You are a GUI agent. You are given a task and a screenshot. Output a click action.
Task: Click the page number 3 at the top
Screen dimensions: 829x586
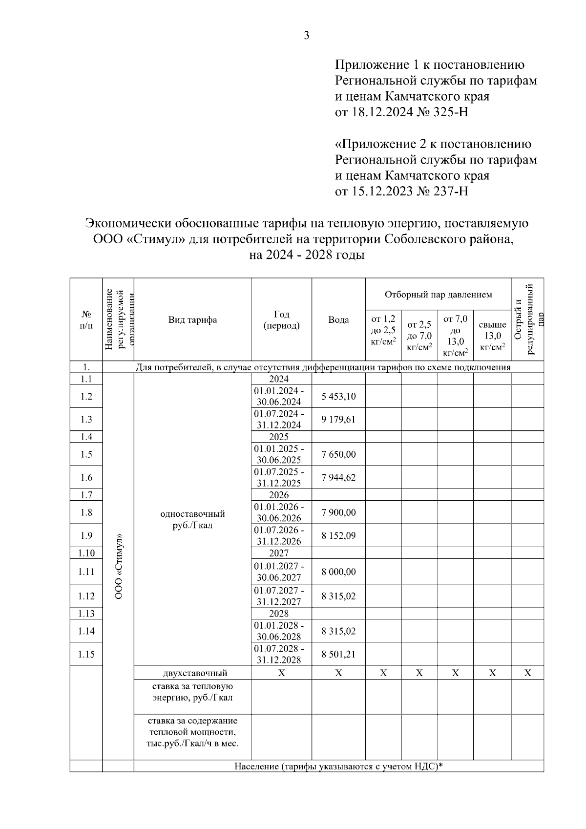[x=307, y=36]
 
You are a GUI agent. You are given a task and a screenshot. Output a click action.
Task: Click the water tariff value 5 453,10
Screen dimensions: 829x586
[x=338, y=396]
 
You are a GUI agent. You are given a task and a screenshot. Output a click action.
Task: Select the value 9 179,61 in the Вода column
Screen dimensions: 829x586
[x=338, y=419]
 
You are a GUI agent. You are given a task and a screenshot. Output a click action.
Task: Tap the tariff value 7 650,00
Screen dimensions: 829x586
[x=338, y=454]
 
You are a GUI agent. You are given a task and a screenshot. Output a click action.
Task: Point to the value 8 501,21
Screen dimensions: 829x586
[x=338, y=654]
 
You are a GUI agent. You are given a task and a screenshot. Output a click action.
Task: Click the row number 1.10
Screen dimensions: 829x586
[x=86, y=553]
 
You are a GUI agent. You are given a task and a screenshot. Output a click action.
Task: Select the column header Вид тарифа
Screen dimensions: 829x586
[x=192, y=320]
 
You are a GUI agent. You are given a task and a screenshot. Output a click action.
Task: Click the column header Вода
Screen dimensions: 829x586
[x=338, y=320]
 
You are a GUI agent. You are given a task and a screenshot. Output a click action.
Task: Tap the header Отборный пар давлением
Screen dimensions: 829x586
[x=438, y=295]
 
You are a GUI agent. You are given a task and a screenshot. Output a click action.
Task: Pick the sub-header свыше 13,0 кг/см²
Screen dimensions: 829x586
[x=492, y=336]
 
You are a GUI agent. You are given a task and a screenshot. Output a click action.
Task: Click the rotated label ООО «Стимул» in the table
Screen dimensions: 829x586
[x=118, y=564]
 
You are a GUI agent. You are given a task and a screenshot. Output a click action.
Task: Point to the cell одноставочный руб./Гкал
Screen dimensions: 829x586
[x=192, y=520]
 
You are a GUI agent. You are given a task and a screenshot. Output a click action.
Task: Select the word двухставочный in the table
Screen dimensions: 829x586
[x=192, y=673]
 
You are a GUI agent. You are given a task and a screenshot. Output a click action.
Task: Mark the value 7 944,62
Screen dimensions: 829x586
[x=338, y=477]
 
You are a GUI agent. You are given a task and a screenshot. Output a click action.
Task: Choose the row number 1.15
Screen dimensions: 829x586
[x=86, y=654]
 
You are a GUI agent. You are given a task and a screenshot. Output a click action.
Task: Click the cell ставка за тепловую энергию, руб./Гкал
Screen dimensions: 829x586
[x=192, y=692]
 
